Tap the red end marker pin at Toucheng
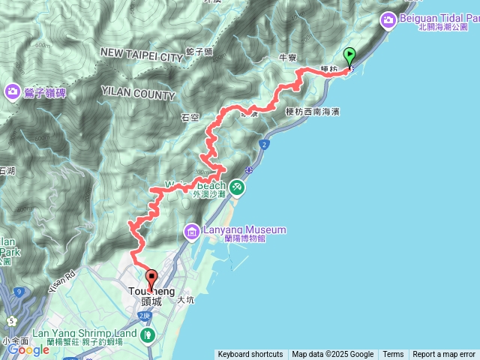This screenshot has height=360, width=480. (x=150, y=279)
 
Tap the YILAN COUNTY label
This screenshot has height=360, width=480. (x=138, y=96)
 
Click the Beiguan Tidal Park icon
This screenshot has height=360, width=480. (x=390, y=20)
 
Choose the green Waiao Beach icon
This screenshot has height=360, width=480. (x=237, y=186)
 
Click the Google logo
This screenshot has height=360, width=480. (x=28, y=349)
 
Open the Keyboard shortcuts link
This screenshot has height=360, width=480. (x=250, y=355)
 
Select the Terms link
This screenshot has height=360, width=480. (x=393, y=355)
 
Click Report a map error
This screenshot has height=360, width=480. (x=444, y=355)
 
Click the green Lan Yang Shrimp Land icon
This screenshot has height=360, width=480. (x=148, y=332)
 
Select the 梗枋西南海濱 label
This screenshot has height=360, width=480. (x=313, y=112)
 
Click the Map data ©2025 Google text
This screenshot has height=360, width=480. (x=332, y=355)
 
